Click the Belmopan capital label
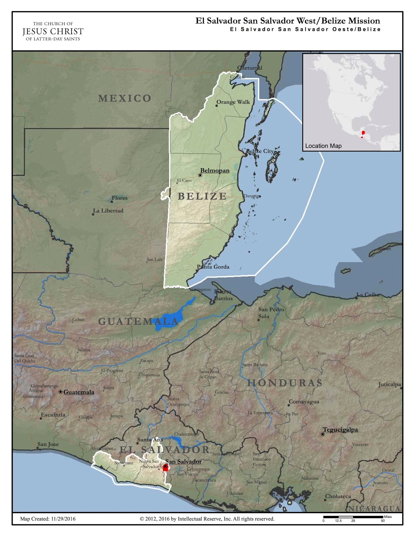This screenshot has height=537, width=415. (215, 170)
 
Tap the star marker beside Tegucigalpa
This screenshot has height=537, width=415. (323, 434)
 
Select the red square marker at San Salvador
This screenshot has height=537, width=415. (165, 468)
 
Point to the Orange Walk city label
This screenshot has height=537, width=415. (233, 102)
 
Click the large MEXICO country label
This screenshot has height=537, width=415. (125, 98)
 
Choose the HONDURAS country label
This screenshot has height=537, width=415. (285, 383)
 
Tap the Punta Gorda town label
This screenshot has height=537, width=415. (213, 267)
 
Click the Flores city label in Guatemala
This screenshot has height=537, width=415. (119, 198)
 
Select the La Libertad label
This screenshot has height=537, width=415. (108, 211)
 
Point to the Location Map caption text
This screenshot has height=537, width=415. (323, 146)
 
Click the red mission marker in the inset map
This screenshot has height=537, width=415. (363, 133)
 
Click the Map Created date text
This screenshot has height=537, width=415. (48, 519)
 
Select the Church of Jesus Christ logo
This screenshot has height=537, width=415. (53, 31)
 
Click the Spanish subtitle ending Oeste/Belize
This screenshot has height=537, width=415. (305, 29)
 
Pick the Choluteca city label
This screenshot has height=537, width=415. (338, 496)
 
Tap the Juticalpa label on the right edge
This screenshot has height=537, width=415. (390, 385)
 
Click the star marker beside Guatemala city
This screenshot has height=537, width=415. (60, 392)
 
